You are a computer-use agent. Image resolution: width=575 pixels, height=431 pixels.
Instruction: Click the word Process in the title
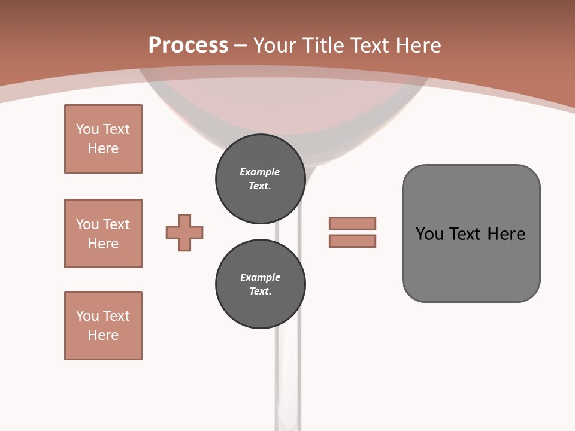coord(188,45)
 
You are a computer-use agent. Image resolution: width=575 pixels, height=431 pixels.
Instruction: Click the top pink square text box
coord(103,139)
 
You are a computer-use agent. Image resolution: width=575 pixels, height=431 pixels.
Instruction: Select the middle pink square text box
coord(103,233)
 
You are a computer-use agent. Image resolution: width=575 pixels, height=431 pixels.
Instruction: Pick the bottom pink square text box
coord(103,326)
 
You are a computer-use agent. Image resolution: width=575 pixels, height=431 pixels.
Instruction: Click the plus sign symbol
coord(184,232)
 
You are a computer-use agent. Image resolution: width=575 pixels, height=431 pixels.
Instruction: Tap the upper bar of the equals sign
coord(352,223)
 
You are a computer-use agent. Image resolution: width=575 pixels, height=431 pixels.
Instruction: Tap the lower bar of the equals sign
coord(352,241)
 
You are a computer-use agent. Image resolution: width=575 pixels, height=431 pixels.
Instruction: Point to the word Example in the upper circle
coord(259,172)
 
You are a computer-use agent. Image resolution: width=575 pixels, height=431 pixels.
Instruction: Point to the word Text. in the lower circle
coord(260,291)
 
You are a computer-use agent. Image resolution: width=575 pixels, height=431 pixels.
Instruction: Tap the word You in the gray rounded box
coord(430,234)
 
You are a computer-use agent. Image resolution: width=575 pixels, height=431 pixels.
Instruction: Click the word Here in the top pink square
coord(103,148)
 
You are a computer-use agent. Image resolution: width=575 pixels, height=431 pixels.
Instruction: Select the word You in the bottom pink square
coord(87,316)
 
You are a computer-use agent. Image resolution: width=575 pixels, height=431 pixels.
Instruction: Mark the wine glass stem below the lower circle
coord(288,377)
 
